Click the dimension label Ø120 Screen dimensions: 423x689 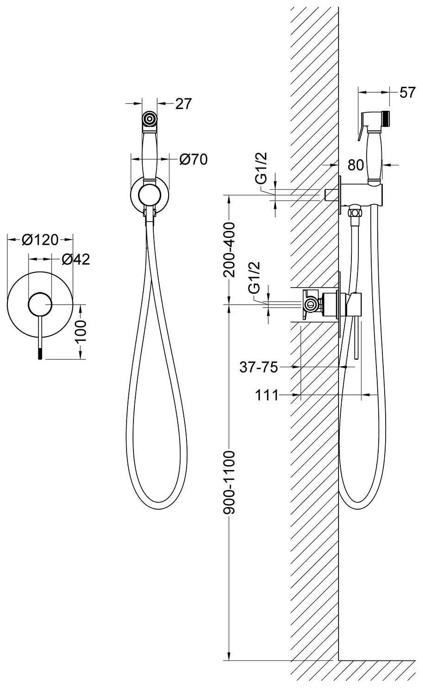40,240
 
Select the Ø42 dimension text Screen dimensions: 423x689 75,260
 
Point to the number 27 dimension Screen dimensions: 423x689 183,104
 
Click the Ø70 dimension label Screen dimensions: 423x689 193,159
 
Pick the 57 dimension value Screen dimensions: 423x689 407,92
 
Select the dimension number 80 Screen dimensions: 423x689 356,165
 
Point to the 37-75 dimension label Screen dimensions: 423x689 259,367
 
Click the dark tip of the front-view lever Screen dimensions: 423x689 41,353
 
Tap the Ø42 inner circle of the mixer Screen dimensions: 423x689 41,304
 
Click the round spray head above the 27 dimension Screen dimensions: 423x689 149,119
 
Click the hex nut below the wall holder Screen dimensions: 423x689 355,212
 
